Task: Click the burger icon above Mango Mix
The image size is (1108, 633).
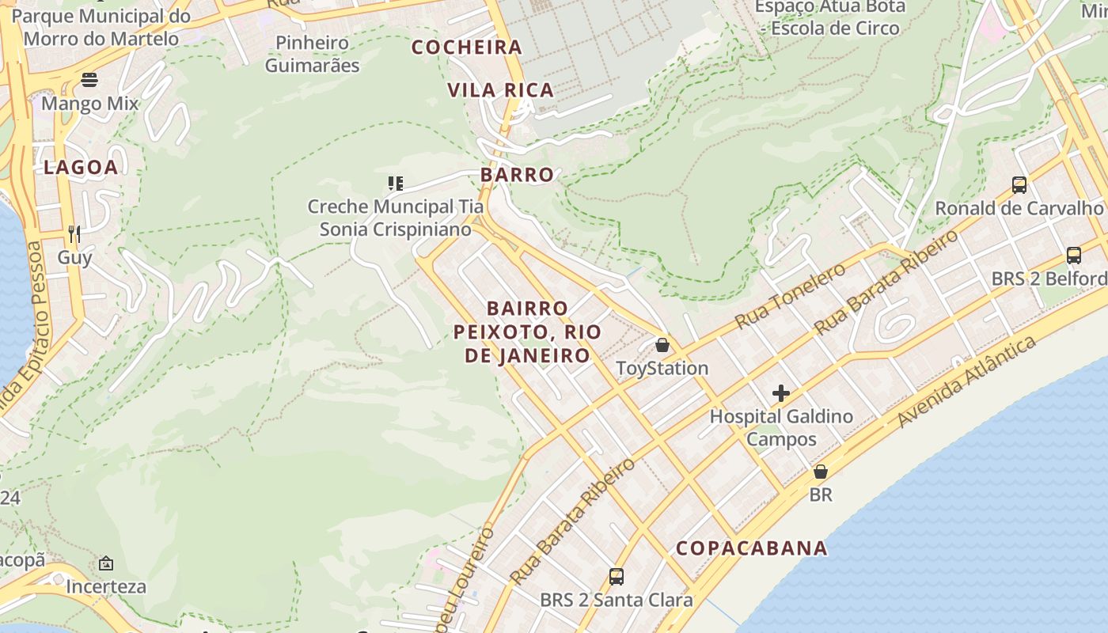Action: point(89,80)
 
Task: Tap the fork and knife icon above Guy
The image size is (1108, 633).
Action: point(74,233)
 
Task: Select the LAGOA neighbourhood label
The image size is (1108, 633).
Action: point(81,167)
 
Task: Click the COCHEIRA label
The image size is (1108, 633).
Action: point(467,47)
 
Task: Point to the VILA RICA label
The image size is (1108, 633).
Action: point(501,90)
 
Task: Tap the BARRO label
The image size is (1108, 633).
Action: point(517,175)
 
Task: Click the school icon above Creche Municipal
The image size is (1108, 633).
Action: point(396,184)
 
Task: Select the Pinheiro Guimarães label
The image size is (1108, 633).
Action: point(312,54)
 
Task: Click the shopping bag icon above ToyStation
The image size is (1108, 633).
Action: point(662,345)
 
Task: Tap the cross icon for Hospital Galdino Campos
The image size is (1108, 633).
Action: point(781,393)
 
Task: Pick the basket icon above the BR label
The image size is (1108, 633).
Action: point(821,472)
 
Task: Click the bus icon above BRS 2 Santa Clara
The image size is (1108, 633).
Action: point(617,576)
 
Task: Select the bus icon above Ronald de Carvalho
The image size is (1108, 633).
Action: point(1019,185)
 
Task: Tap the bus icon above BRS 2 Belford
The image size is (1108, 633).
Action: point(1074,256)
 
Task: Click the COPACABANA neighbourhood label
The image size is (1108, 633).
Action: point(752,548)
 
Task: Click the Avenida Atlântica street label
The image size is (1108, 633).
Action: point(966,381)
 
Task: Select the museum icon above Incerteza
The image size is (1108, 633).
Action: point(106,563)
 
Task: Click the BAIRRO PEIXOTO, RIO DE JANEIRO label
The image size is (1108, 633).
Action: point(527,332)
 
